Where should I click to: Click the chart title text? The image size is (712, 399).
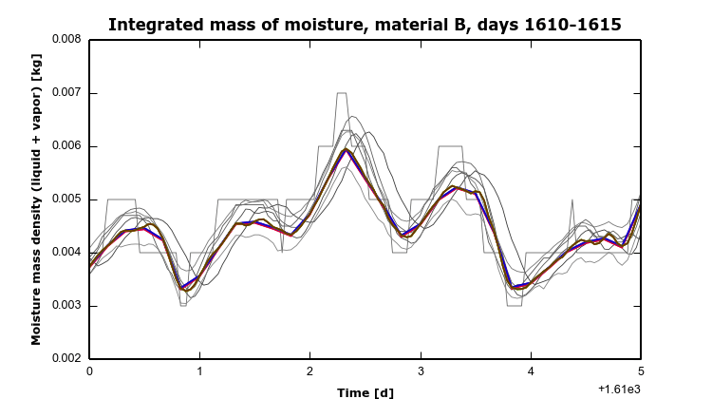coord(365,25)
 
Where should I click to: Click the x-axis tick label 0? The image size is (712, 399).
coord(89,371)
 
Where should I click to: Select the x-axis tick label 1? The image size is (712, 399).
coord(199,371)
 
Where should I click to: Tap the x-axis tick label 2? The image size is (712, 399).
coord(309,371)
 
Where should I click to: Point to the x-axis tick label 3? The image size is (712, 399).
coord(421,371)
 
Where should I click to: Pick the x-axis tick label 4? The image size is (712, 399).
coord(531,371)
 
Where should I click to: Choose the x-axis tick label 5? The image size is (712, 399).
coord(641,371)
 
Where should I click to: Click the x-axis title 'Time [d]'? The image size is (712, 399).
coord(365,391)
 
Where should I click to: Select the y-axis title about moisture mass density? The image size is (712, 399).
coord(35,199)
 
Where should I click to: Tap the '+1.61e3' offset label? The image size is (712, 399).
coord(619,389)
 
